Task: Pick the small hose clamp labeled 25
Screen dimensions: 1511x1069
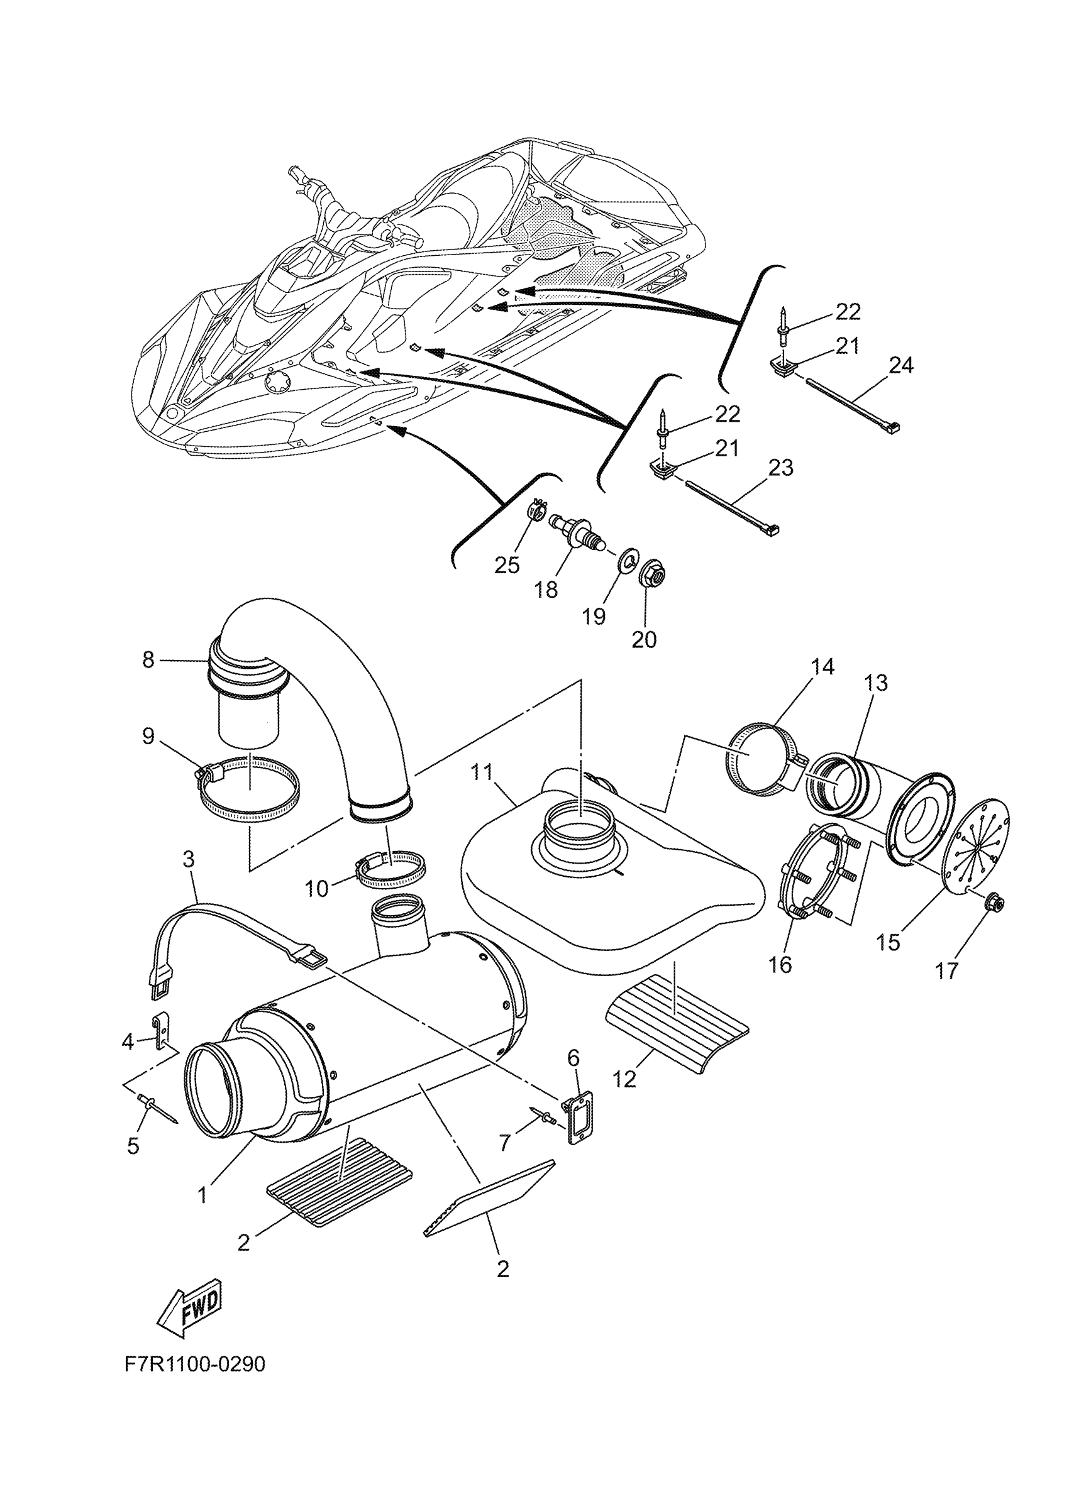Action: [x=537, y=508]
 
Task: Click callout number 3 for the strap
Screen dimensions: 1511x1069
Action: [x=189, y=859]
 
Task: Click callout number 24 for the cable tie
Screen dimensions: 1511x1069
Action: [x=901, y=365]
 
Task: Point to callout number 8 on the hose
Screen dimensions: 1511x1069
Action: [x=148, y=659]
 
